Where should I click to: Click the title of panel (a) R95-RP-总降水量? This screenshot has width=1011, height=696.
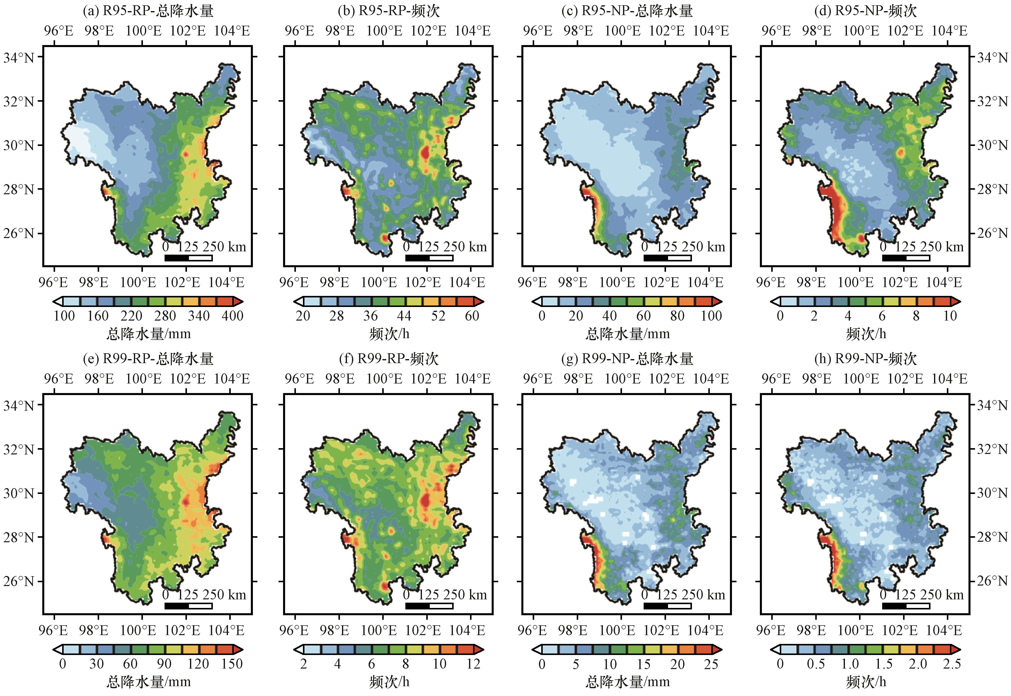tap(148, 11)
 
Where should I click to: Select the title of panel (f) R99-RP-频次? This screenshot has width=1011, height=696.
tap(388, 359)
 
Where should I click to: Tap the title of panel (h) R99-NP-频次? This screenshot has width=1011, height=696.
tap(865, 359)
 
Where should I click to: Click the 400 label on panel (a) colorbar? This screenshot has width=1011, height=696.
tap(232, 316)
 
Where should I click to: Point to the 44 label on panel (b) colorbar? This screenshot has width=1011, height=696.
tap(404, 316)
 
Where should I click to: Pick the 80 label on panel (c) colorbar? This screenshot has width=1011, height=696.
tap(677, 316)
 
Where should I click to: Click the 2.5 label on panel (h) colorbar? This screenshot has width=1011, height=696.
tap(951, 664)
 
